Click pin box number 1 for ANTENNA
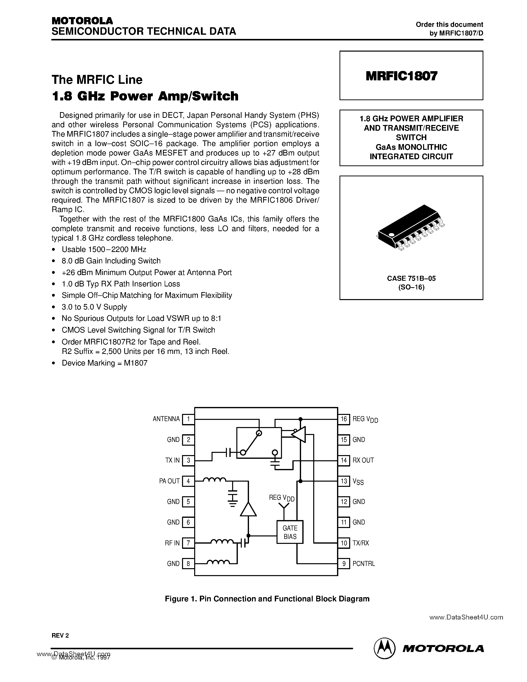point(188,419)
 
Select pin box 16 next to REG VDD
point(344,419)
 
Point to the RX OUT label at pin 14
point(363,460)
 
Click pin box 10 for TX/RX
point(344,543)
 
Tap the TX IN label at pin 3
point(172,460)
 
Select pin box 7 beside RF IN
point(188,543)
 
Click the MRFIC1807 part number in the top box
point(402,76)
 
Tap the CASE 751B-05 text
point(411,278)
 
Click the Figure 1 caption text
point(267,599)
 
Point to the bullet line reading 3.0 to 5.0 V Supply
point(94,307)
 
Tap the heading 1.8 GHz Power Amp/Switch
point(145,96)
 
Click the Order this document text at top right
point(449,25)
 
